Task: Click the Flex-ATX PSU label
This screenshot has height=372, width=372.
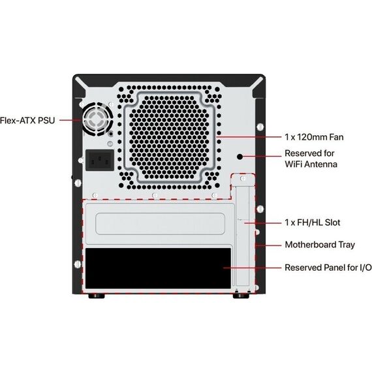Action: click(x=27, y=120)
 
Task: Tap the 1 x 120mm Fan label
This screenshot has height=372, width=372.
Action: click(x=314, y=137)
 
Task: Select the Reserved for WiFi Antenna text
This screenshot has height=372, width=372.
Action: click(x=311, y=159)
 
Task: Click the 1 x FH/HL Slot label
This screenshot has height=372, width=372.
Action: click(x=313, y=223)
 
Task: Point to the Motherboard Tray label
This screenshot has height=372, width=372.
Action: click(x=320, y=245)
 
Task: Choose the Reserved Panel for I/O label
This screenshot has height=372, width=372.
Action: click(x=328, y=268)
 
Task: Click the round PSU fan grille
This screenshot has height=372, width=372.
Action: click(x=97, y=119)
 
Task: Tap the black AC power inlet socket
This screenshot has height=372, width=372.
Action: click(x=100, y=160)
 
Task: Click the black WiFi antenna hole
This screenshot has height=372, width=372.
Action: click(x=240, y=157)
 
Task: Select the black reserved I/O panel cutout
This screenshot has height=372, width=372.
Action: click(x=158, y=268)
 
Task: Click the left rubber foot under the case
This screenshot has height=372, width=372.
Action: click(x=97, y=296)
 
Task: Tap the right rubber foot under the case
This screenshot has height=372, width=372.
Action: click(x=241, y=296)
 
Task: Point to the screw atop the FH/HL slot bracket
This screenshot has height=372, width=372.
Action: click(x=243, y=178)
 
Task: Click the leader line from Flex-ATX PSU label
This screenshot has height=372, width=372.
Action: click(x=70, y=120)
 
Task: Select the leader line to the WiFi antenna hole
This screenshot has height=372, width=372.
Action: click(x=262, y=157)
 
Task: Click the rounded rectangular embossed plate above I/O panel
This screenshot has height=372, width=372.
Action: click(x=160, y=224)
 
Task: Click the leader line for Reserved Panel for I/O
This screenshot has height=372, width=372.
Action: click(x=252, y=268)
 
